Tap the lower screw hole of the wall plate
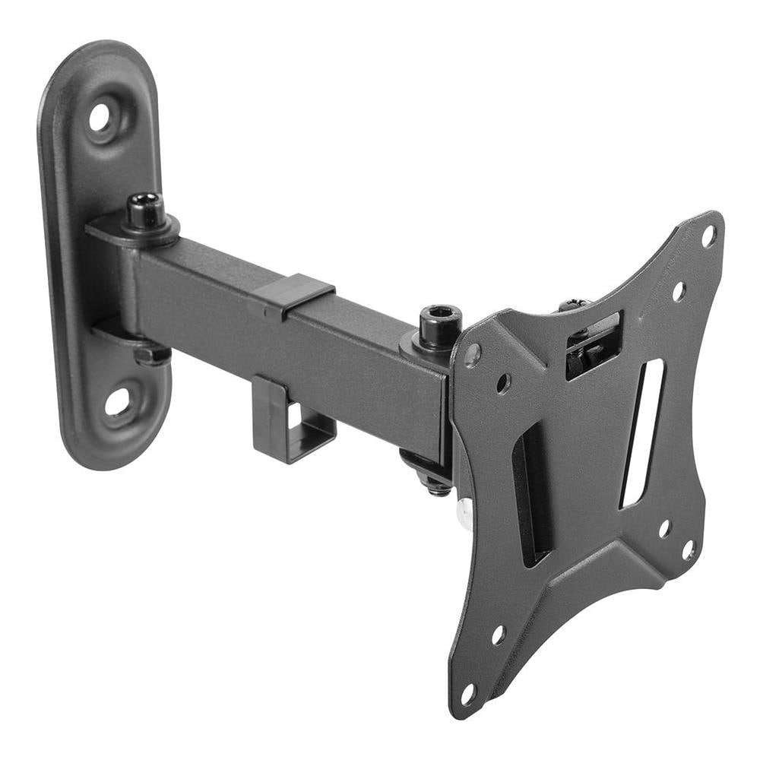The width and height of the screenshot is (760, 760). [118, 402]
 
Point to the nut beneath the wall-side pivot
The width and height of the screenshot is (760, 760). [151, 355]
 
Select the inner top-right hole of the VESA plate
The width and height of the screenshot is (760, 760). [679, 291]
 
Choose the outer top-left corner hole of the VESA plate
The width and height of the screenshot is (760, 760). [473, 353]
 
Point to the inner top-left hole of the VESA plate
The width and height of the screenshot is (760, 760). [503, 383]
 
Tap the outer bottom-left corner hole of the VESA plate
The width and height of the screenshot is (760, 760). [468, 693]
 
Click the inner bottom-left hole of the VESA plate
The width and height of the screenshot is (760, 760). [498, 635]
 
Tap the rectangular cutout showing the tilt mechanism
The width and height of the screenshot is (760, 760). [594, 344]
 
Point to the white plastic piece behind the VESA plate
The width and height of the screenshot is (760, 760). [461, 515]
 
